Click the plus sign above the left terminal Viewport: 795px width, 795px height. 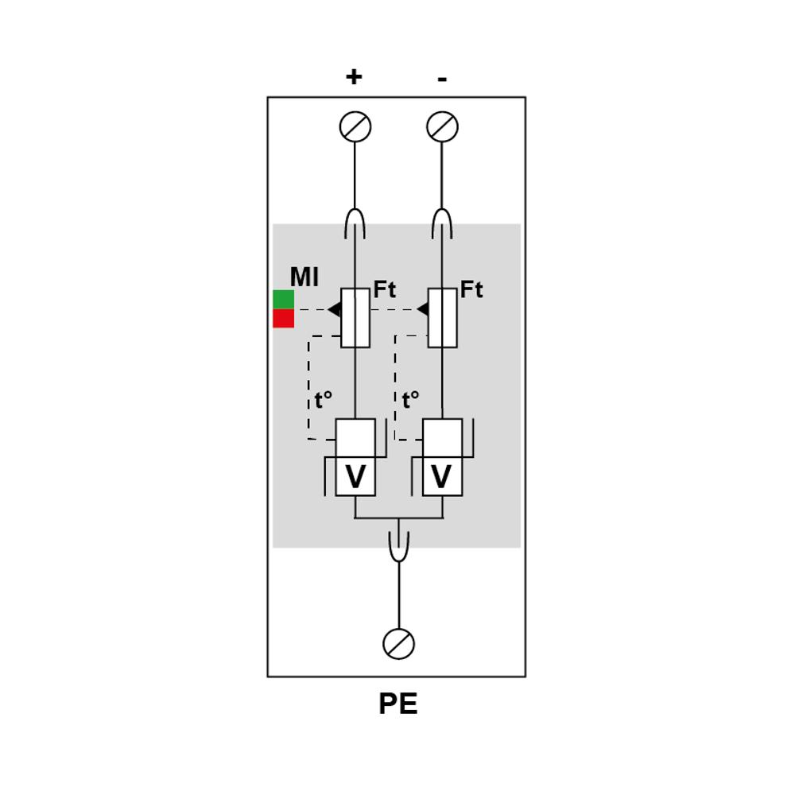[354, 77]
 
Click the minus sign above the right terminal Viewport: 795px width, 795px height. [442, 79]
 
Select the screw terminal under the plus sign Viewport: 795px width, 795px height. [355, 126]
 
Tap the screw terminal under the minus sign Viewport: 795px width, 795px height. [442, 126]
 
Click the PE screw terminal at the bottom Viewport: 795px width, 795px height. [398, 644]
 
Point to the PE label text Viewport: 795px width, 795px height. [398, 704]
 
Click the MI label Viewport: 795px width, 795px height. [304, 277]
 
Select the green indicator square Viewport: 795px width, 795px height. [284, 300]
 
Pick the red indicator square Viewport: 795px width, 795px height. [284, 319]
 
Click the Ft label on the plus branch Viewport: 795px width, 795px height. [384, 289]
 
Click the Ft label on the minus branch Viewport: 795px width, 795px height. [471, 289]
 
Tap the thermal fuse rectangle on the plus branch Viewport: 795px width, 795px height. [355, 318]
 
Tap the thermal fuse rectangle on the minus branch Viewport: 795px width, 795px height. [442, 318]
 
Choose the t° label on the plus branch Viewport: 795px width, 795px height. [324, 400]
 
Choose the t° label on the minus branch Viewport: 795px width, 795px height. [411, 400]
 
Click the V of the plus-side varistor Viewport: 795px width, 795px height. [355, 476]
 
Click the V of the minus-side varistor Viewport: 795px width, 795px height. [441, 476]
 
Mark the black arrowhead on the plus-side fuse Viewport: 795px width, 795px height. [335, 309]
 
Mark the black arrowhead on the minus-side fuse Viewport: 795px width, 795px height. [423, 309]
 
